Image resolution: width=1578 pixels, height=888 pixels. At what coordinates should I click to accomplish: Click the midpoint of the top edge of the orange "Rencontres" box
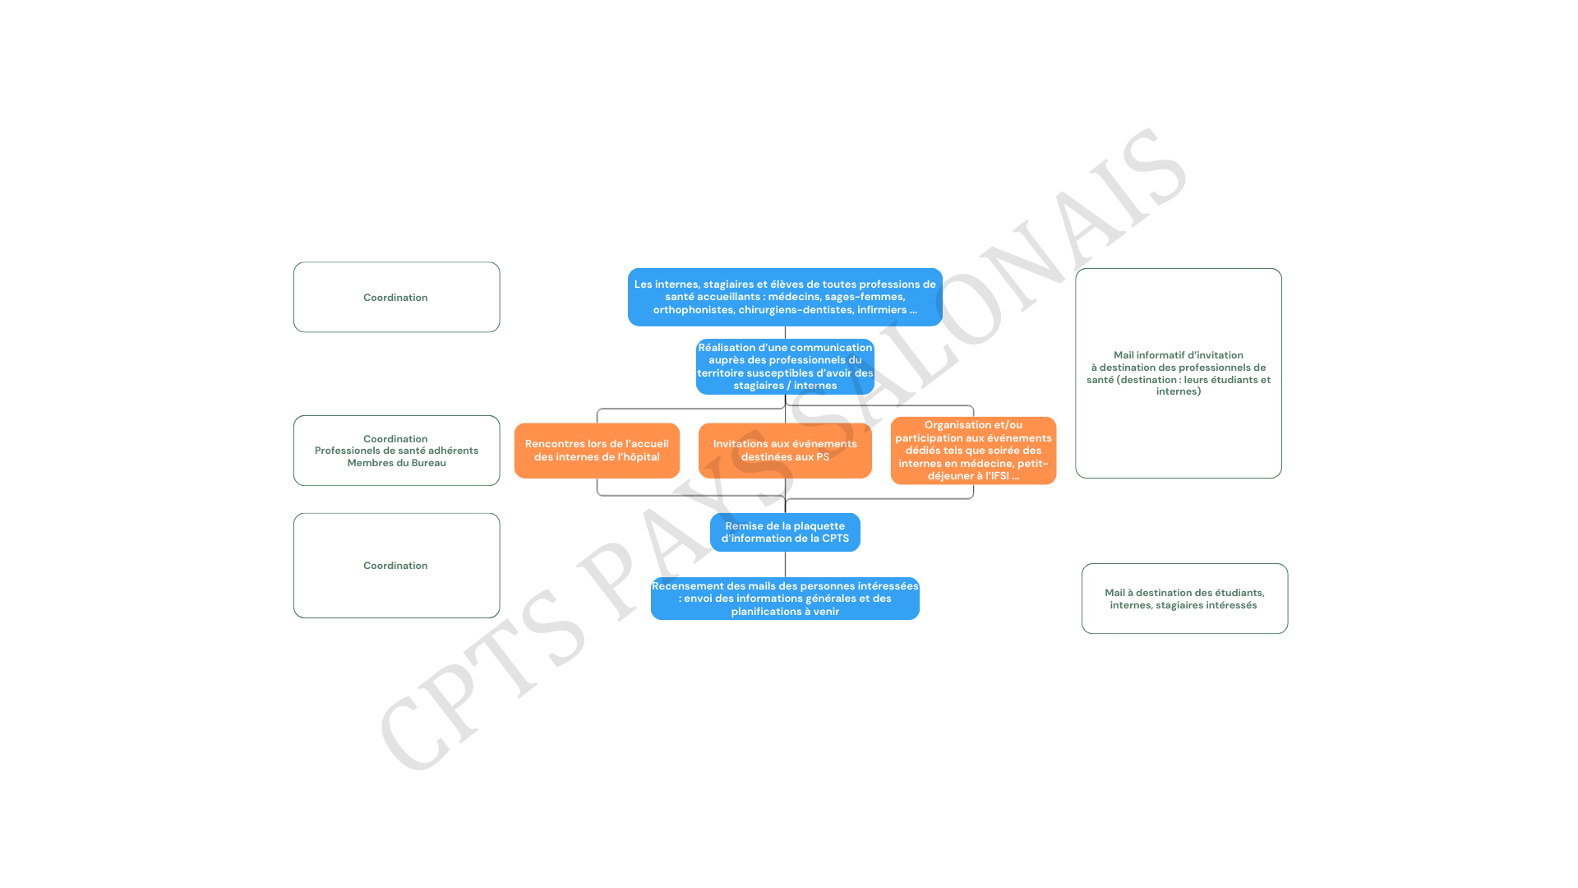point(597,423)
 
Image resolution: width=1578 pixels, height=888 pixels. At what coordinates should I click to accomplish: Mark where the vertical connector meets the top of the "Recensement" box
point(785,577)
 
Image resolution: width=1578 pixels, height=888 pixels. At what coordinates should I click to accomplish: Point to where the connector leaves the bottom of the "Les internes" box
point(785,326)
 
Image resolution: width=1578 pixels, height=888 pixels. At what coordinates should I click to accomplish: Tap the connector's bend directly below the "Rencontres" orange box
point(598,495)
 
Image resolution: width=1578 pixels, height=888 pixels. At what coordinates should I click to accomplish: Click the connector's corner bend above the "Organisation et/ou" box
point(973,405)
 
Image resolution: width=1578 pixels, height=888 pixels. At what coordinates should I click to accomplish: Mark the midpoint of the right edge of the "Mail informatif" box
point(1281,373)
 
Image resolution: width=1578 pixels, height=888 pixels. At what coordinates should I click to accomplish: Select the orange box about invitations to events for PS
point(785,451)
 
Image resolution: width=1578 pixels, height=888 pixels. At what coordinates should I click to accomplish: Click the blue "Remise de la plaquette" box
point(785,532)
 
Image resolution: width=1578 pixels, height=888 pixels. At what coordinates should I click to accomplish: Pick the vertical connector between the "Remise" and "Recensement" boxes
point(785,564)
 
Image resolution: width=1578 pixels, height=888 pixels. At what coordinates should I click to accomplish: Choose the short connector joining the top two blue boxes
point(785,332)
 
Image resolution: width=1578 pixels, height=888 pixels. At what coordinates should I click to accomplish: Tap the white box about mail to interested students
point(1184,599)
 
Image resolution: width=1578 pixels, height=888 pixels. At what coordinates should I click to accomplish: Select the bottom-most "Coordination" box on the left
point(396,566)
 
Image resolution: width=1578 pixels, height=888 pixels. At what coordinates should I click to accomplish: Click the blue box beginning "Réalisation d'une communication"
point(785,367)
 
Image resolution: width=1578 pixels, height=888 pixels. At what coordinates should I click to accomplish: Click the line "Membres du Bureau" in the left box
point(396,463)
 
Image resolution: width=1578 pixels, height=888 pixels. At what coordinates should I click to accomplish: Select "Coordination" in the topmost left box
point(395,298)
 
